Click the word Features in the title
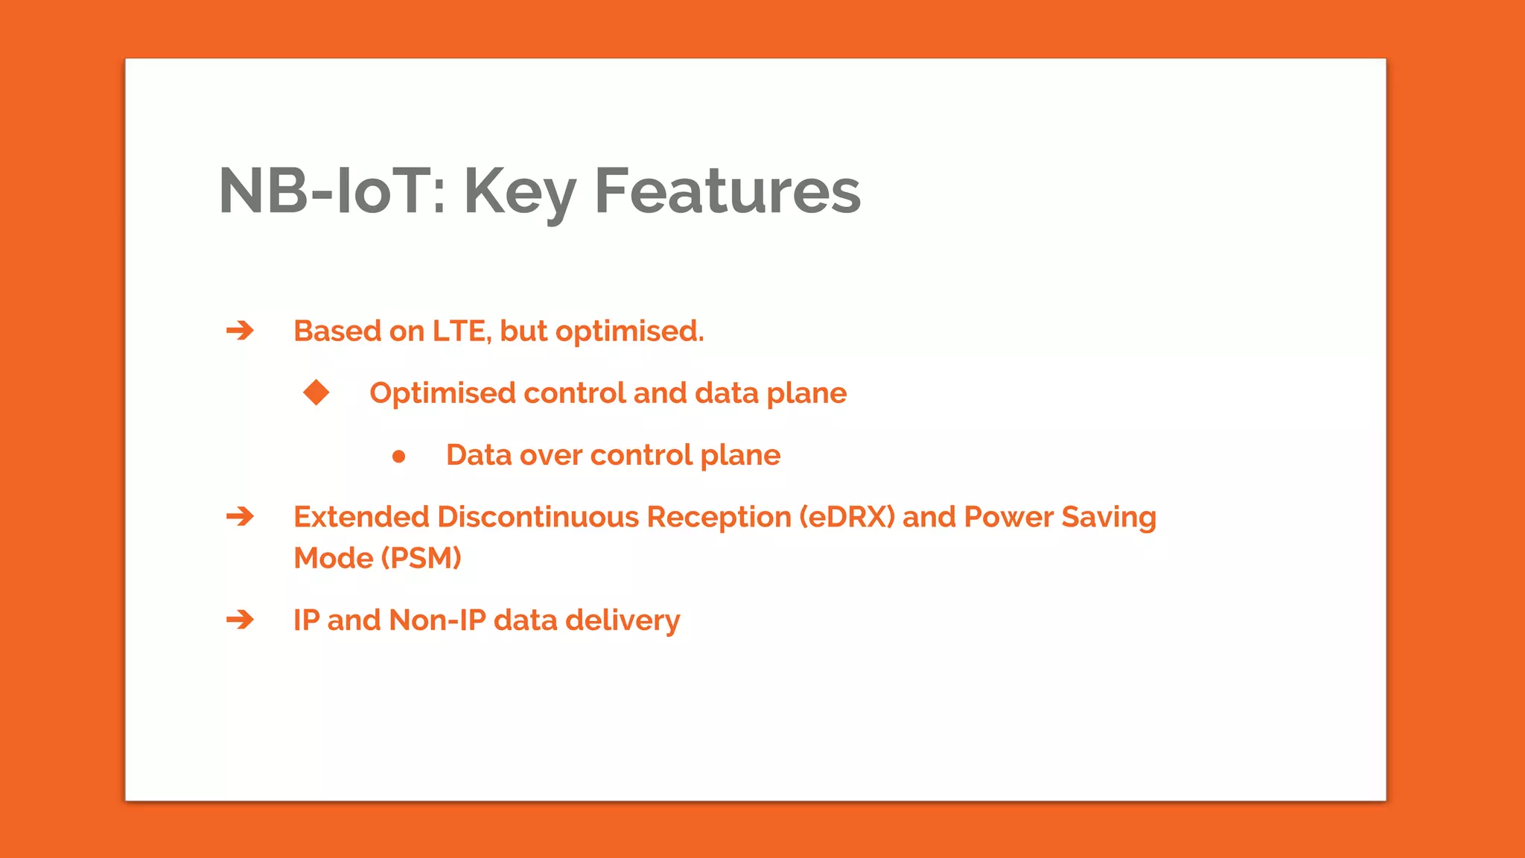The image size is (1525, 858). tap(727, 191)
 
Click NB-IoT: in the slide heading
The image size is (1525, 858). tap(332, 191)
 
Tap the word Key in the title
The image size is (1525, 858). tap(520, 191)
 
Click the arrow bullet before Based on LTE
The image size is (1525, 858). tap(240, 330)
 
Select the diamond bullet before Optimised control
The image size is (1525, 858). tap(316, 392)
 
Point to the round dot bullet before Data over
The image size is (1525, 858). tap(398, 456)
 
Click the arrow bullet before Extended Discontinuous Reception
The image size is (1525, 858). tap(240, 516)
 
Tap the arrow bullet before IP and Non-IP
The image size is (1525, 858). tap(240, 620)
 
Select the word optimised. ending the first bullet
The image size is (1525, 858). tap(629, 331)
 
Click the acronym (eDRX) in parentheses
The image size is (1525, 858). tap(847, 517)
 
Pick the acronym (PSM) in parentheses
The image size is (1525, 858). tap(421, 558)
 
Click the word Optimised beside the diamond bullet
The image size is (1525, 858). tap(442, 393)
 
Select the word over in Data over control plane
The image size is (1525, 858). tap(550, 455)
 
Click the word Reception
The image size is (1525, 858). tap(719, 517)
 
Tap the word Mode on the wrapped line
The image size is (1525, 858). tap(333, 558)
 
